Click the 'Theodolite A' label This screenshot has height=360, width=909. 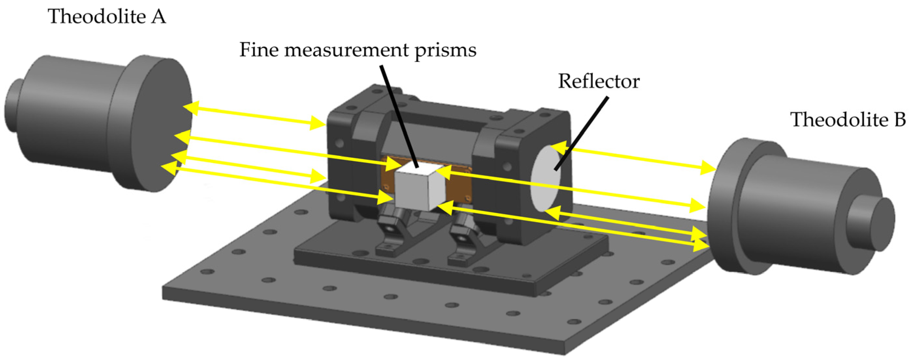[x=106, y=17]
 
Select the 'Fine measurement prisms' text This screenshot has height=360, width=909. [x=358, y=50]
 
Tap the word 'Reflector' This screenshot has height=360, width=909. [x=598, y=82]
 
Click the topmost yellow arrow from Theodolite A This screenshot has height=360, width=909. [x=254, y=115]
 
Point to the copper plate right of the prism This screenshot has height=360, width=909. [x=459, y=187]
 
